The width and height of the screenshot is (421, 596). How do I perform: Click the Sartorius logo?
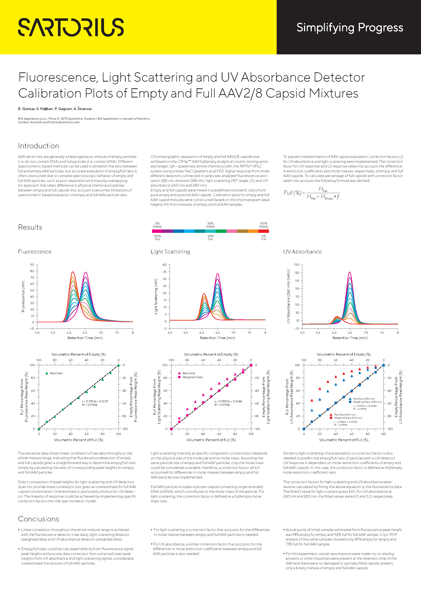[x=71, y=27]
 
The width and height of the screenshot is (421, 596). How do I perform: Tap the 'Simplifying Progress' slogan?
[x=350, y=28]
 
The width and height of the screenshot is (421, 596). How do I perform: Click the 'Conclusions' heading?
[x=38, y=519]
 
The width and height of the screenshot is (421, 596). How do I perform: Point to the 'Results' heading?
[x=30, y=227]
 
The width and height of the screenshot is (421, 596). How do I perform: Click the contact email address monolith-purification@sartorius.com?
[x=55, y=122]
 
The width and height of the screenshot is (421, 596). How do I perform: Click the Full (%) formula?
[x=312, y=193]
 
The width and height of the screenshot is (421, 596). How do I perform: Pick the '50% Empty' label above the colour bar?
[x=210, y=225]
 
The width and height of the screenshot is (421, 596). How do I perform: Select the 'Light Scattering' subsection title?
[x=170, y=252]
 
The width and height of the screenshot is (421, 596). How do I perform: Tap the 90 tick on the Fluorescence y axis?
[x=32, y=265]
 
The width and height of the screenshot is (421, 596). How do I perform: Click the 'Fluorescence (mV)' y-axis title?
[x=23, y=296]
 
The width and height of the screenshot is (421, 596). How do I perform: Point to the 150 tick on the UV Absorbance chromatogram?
[x=296, y=265]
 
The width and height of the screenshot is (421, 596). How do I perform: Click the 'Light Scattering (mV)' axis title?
[x=156, y=296]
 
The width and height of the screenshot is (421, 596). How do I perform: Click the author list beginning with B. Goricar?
[x=55, y=109]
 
